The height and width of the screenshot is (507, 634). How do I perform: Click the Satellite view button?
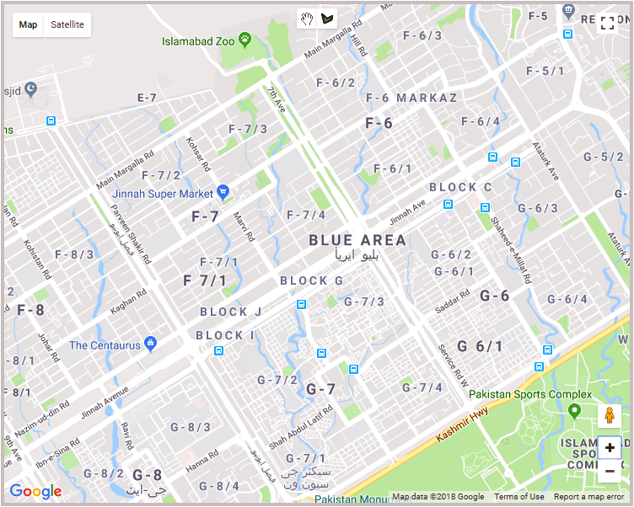click(67, 24)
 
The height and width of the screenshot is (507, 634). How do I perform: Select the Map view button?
click(29, 24)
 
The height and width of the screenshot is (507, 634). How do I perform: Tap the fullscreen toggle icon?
click(608, 24)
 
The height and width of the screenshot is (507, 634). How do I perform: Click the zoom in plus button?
click(610, 447)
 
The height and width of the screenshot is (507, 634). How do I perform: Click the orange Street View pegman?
click(610, 415)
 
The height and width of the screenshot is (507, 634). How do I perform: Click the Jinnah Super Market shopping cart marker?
click(223, 193)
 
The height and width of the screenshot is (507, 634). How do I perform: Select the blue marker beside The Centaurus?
click(151, 344)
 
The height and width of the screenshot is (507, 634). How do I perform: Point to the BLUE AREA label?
click(357, 241)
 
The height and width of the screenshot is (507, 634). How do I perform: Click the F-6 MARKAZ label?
click(411, 99)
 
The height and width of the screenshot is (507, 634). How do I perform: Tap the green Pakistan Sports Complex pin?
click(574, 410)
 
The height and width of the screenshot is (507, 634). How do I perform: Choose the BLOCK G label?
click(312, 280)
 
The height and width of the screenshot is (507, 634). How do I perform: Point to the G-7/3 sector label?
click(364, 302)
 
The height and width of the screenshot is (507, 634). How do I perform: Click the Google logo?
click(35, 492)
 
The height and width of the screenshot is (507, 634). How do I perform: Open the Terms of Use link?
click(518, 497)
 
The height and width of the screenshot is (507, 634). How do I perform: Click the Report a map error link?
click(588, 497)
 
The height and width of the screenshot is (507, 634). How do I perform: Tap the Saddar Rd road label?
click(454, 302)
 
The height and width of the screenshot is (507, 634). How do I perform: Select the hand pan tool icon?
click(305, 18)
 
